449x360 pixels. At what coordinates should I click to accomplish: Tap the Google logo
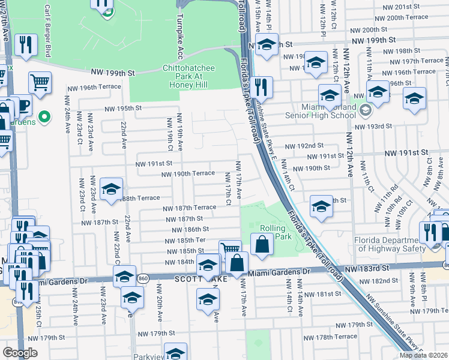point(20,353)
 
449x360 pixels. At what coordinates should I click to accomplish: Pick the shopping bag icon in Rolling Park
point(262,244)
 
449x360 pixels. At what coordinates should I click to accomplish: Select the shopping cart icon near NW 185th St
point(231,248)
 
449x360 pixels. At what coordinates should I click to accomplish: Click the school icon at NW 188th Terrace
point(111,190)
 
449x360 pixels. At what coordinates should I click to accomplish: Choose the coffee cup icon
point(23,106)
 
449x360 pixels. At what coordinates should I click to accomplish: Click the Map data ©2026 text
point(424,355)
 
